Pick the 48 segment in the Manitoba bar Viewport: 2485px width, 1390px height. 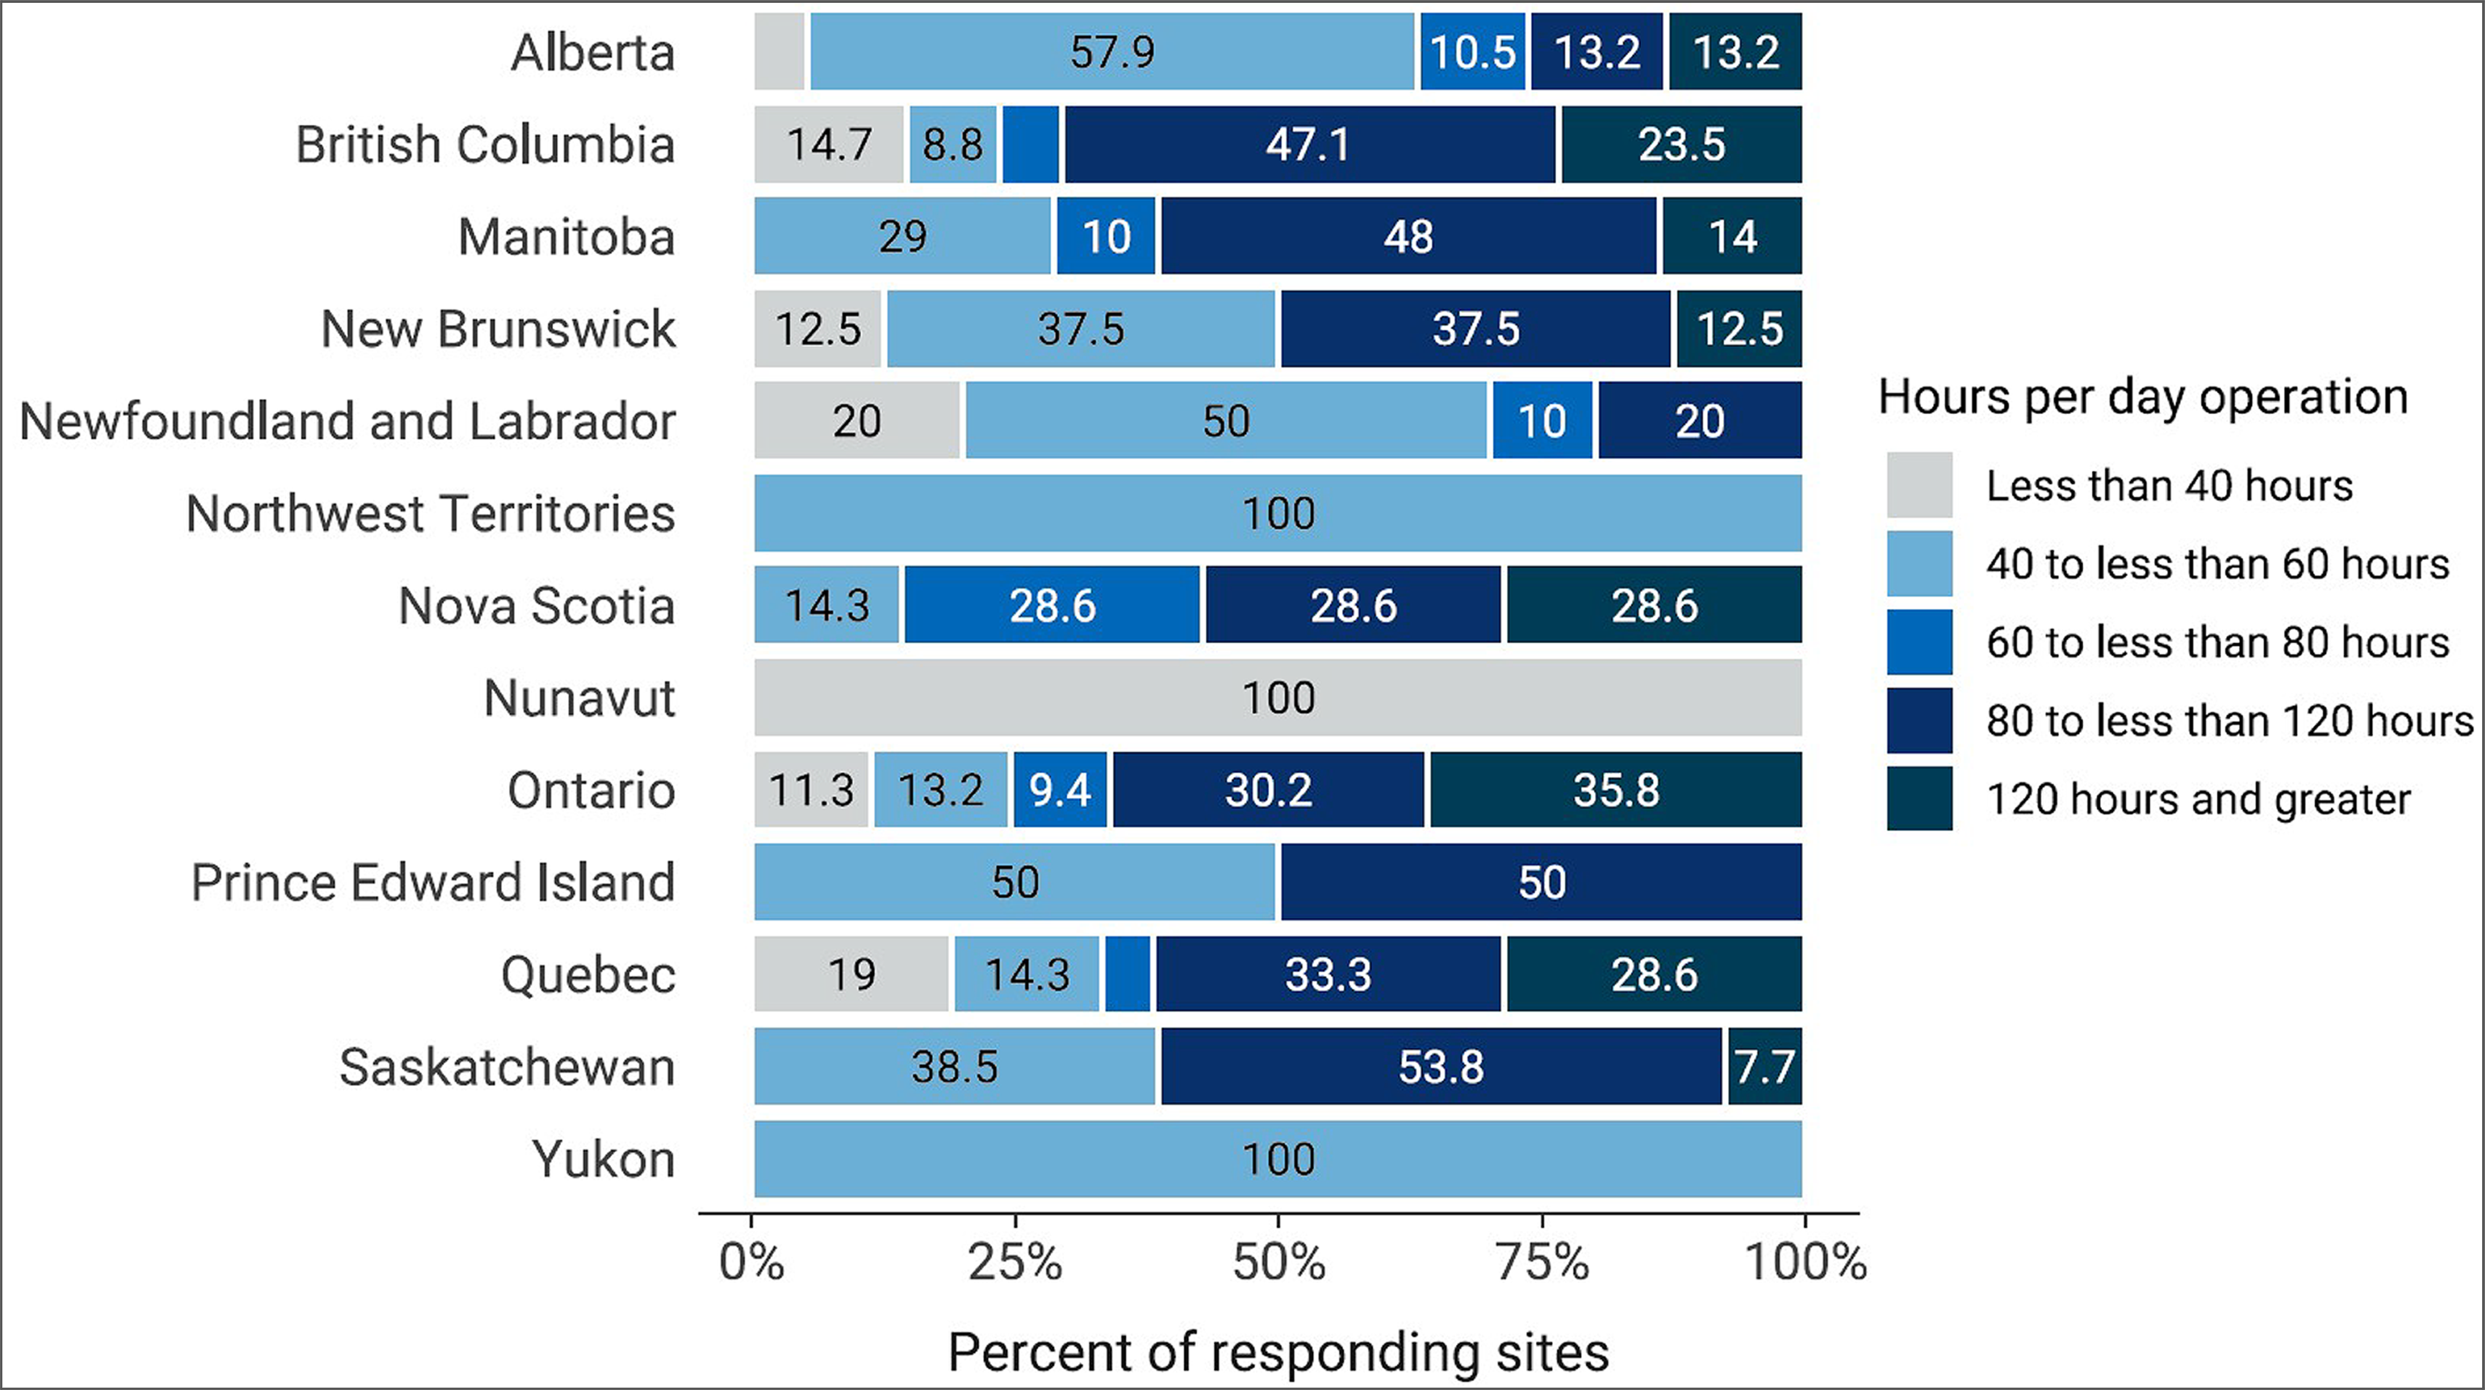tap(1408, 237)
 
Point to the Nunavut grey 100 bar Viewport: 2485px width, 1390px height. tap(1278, 697)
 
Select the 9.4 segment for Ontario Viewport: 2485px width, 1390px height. tap(1060, 790)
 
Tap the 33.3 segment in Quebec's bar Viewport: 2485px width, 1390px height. tap(1328, 974)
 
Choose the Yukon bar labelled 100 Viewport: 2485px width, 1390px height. tap(1278, 1159)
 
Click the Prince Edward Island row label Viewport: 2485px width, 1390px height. tap(433, 883)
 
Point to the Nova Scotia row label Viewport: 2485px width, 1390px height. tap(536, 606)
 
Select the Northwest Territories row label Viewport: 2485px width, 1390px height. tap(430, 513)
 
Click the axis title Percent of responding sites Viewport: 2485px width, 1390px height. tap(1278, 1351)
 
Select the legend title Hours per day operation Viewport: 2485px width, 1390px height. tap(2142, 397)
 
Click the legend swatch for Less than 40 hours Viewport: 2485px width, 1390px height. tap(1920, 485)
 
